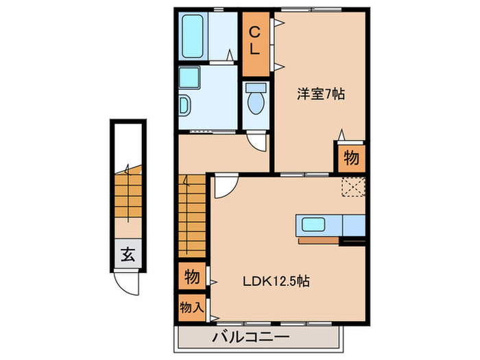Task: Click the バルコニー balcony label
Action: click(x=252, y=337)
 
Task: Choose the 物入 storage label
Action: click(x=192, y=306)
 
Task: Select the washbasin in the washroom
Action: click(x=184, y=106)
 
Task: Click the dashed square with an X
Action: click(x=353, y=187)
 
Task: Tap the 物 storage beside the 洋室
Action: click(x=350, y=158)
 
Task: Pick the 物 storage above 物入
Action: click(x=192, y=277)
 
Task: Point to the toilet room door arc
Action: click(x=256, y=141)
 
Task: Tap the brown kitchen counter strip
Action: click(x=319, y=241)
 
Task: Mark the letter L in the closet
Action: click(x=254, y=49)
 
